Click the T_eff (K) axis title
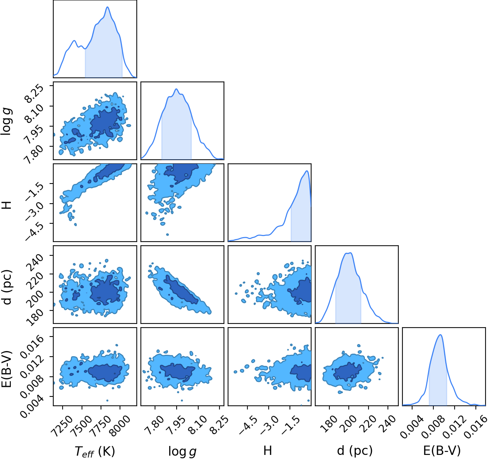(x=95, y=451)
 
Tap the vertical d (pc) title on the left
(x=7, y=287)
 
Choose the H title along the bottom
(x=268, y=451)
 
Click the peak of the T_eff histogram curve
(x=107, y=7)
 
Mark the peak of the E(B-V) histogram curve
(x=440, y=335)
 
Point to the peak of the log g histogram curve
(x=176, y=89)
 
